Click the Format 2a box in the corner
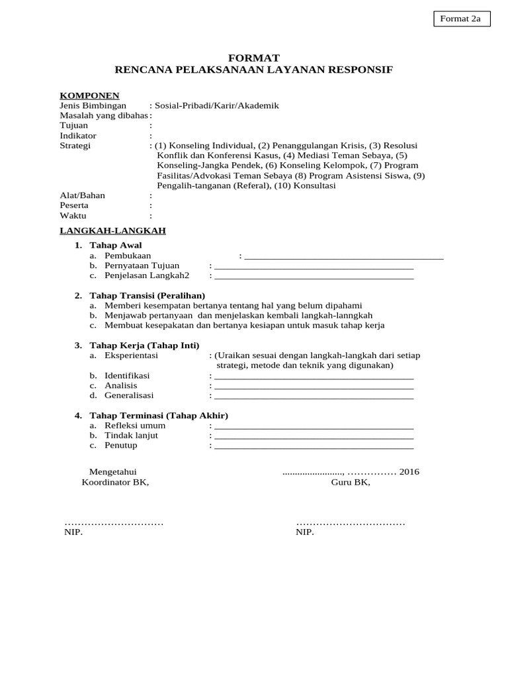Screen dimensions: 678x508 click(462, 19)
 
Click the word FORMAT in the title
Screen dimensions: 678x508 click(253, 58)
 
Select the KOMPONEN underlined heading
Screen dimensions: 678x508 click(89, 95)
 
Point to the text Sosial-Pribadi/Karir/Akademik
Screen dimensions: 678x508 click(217, 106)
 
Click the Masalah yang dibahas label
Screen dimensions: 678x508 click(104, 116)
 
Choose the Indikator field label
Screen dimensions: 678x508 click(78, 136)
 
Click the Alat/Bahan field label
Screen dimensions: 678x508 click(82, 195)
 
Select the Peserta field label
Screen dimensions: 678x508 click(74, 205)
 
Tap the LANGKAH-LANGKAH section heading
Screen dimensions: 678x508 click(112, 230)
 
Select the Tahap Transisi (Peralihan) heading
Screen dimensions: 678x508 click(147, 295)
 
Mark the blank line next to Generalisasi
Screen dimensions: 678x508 click(314, 397)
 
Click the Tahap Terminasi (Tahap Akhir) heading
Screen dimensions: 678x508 click(158, 415)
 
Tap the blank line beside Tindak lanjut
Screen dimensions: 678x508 click(314, 436)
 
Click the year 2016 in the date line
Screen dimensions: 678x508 click(409, 472)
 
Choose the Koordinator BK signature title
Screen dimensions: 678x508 click(115, 482)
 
